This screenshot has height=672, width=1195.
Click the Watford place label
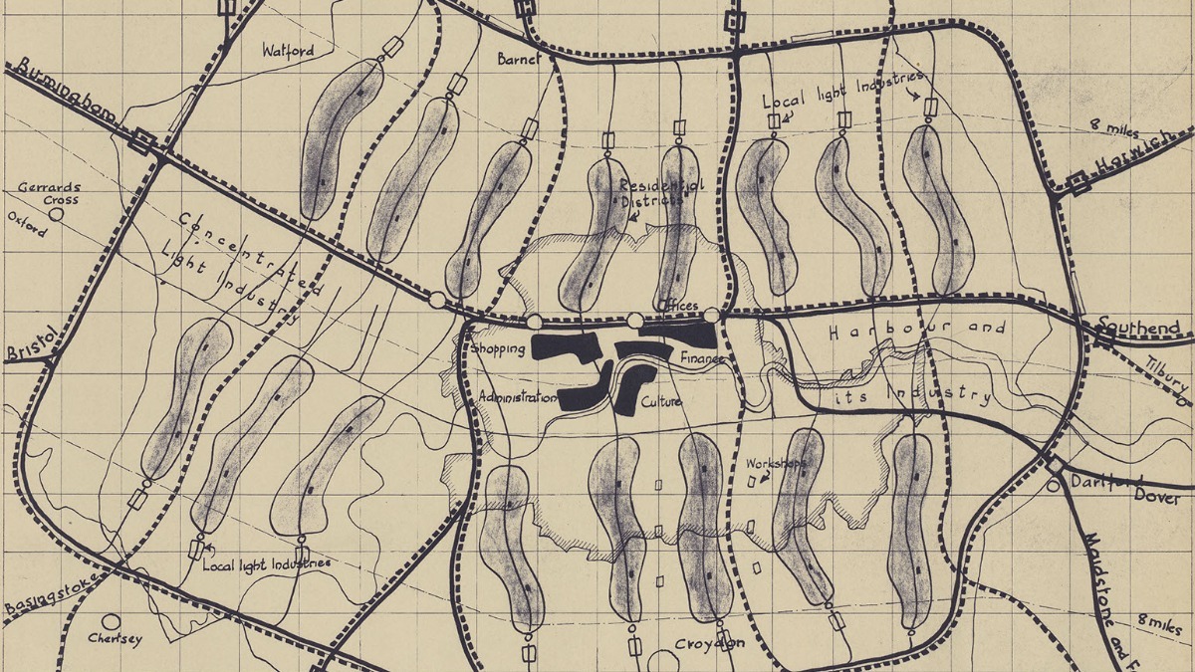pos(288,50)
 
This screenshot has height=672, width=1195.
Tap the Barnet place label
pos(518,59)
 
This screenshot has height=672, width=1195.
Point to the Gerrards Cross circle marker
pos(57,212)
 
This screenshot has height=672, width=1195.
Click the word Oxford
pos(27,225)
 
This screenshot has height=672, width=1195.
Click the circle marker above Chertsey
pos(110,621)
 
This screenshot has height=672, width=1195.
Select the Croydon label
pos(710,644)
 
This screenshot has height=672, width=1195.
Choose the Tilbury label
pos(1166,373)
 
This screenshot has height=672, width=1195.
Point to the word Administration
pos(517,397)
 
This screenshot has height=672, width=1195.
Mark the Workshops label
pos(774,464)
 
